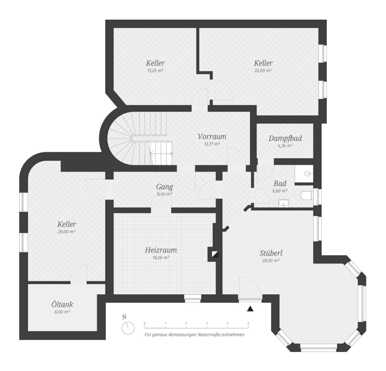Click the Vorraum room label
click(212, 137)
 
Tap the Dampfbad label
click(285, 139)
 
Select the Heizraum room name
click(161, 250)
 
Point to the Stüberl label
click(271, 253)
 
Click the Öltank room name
click(62, 305)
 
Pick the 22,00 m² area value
click(263, 71)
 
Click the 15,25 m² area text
click(155, 71)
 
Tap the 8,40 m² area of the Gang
click(164, 194)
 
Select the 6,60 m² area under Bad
click(280, 191)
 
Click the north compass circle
click(128, 328)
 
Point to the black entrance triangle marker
click(250, 309)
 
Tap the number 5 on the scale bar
click(248, 323)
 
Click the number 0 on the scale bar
click(145, 323)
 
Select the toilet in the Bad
click(307, 196)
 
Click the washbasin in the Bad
click(284, 203)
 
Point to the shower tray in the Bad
click(304, 174)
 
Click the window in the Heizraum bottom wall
click(193, 298)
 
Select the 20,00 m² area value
click(67, 232)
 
